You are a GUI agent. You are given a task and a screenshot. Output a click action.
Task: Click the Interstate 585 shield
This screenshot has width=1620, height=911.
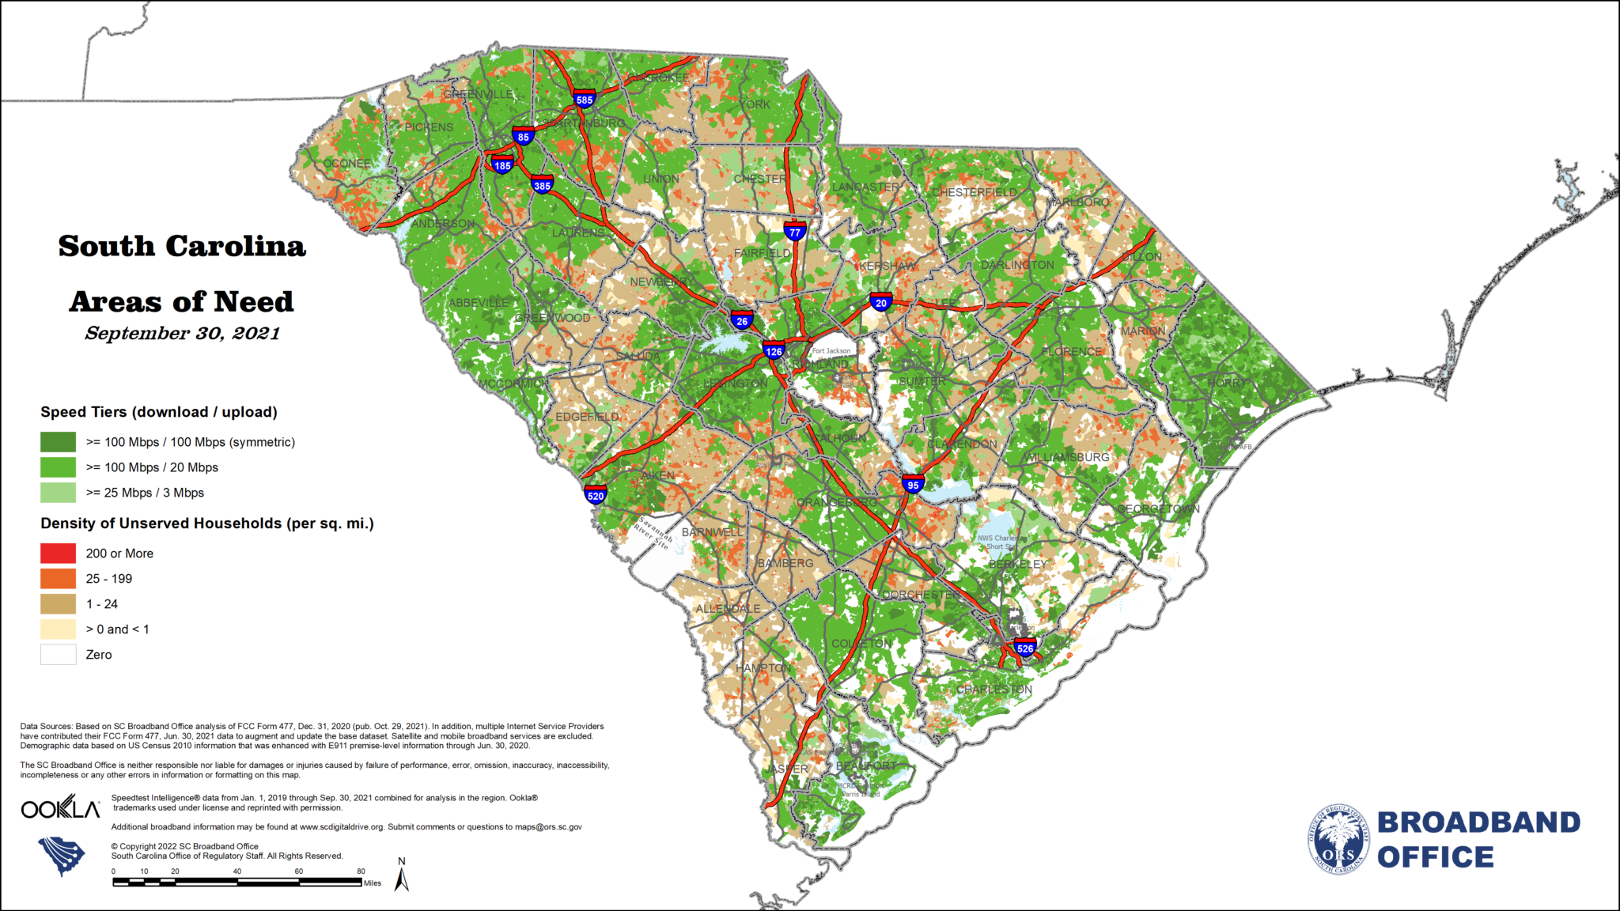pos(585,99)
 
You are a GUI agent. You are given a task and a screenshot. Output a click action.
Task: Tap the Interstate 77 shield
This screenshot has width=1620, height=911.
pos(795,231)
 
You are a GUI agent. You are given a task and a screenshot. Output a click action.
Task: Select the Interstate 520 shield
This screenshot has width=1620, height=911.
pos(596,496)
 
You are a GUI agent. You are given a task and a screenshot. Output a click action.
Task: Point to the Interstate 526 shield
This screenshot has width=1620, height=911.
pos(1025,648)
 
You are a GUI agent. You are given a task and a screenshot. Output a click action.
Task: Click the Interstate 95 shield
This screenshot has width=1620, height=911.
pos(913,484)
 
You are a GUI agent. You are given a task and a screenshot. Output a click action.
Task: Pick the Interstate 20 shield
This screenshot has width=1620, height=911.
pos(881,302)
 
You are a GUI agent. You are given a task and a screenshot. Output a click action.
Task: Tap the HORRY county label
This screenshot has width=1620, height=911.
pos(1226,383)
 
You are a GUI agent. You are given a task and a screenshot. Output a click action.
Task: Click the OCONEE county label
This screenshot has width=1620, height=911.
pos(346,164)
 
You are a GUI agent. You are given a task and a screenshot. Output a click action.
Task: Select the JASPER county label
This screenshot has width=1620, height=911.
pos(786,769)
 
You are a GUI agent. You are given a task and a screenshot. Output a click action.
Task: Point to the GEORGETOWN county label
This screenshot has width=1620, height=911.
pos(1158,508)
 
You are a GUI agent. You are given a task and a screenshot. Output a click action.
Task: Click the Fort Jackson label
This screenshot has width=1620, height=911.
pos(831,351)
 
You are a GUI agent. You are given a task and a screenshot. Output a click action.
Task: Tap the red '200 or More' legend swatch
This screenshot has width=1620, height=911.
pos(59,554)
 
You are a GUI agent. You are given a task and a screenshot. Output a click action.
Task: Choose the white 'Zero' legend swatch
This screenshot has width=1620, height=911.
pos(59,655)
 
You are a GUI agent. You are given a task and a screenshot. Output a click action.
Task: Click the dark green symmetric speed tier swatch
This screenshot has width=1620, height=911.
pos(59,442)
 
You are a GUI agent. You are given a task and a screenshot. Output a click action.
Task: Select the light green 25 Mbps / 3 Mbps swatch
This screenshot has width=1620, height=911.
pos(59,493)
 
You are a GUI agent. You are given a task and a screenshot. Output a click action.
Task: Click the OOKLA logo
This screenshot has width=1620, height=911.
pos(61,808)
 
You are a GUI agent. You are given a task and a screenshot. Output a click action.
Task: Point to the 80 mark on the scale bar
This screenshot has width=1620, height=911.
pos(361,871)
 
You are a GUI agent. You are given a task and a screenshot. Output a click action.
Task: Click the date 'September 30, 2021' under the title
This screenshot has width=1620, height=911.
pos(182,334)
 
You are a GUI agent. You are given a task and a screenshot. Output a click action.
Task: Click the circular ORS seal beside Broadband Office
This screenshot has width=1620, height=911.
pos(1338,839)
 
